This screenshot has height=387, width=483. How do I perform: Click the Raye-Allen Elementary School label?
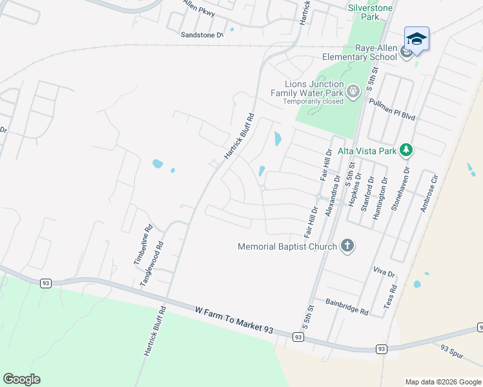pos(360,52)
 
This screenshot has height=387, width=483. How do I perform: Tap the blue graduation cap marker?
pos(416,39)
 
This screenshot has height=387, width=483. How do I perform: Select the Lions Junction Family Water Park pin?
pos(353,92)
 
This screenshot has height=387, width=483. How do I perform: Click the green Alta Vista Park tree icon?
pos(406,150)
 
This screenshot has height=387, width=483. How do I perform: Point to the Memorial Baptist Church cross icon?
pos(347,246)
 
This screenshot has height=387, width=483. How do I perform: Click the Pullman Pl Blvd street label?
pos(391,110)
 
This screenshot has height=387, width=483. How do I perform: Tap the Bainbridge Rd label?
pos(347,306)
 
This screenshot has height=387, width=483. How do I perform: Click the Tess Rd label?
pos(389,297)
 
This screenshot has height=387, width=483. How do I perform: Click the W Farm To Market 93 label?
pos(234,320)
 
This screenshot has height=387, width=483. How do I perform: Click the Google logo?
pos(21,379)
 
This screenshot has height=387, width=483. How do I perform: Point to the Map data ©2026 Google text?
pos(443,382)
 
